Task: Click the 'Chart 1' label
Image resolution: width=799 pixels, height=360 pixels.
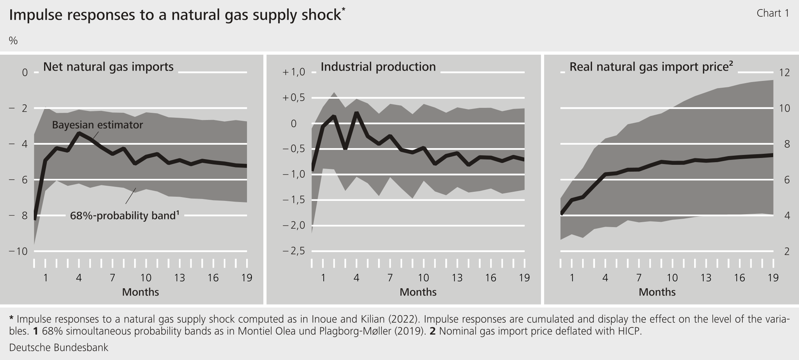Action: click(x=773, y=13)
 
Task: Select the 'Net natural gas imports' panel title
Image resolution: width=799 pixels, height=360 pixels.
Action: click(x=108, y=67)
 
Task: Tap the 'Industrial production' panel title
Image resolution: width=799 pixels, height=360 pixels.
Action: click(x=378, y=67)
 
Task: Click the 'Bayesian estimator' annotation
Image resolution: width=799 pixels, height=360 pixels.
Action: click(x=97, y=125)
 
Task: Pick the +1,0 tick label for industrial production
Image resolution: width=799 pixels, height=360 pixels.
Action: click(x=294, y=72)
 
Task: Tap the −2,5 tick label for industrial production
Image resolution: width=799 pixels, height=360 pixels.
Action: click(x=294, y=251)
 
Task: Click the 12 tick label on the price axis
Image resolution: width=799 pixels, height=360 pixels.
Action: click(x=784, y=72)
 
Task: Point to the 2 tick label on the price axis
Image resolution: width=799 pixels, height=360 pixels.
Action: click(x=786, y=251)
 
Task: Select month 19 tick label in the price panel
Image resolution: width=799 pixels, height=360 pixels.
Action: click(x=773, y=278)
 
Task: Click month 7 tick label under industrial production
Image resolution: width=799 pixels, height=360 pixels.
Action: click(x=390, y=278)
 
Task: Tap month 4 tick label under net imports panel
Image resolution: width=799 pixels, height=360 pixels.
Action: click(x=79, y=278)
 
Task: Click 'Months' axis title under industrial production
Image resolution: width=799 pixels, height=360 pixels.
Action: click(x=418, y=292)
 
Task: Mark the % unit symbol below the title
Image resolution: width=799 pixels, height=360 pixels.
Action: click(x=13, y=41)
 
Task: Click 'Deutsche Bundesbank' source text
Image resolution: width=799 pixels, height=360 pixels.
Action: click(x=59, y=347)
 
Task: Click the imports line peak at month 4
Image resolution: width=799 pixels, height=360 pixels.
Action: click(x=79, y=133)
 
